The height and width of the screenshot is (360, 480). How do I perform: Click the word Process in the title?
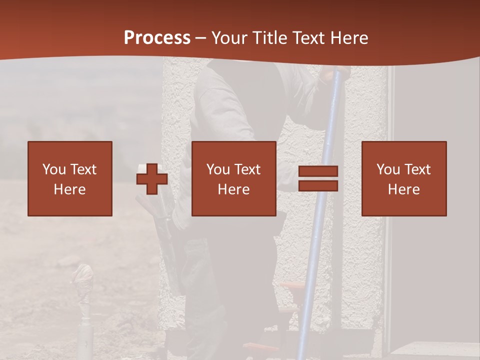pyautogui.click(x=157, y=38)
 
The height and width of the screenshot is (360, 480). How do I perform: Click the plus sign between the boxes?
pyautogui.click(x=152, y=179)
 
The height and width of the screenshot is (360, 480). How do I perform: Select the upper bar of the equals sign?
pyautogui.click(x=318, y=171)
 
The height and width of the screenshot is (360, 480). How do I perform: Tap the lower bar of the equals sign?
pyautogui.click(x=318, y=186)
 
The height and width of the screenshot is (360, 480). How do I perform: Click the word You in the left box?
pyautogui.click(x=53, y=169)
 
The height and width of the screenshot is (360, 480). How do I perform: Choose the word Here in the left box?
pyautogui.click(x=69, y=189)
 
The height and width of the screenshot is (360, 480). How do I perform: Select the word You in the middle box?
pyautogui.click(x=217, y=169)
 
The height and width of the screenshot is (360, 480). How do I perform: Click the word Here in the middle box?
pyautogui.click(x=233, y=189)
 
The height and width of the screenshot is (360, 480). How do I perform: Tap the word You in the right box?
pyautogui.click(x=387, y=169)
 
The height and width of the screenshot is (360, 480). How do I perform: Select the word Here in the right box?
pyautogui.click(x=403, y=189)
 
